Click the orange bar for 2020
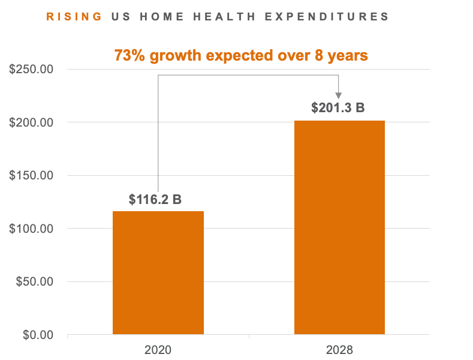coord(158,272)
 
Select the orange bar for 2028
coord(339,227)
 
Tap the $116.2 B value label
coord(155,199)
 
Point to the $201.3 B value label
coord(338,109)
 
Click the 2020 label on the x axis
coord(158,349)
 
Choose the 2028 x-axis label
coord(340,349)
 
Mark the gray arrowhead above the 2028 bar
coord(339,95)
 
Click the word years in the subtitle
coord(348,56)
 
